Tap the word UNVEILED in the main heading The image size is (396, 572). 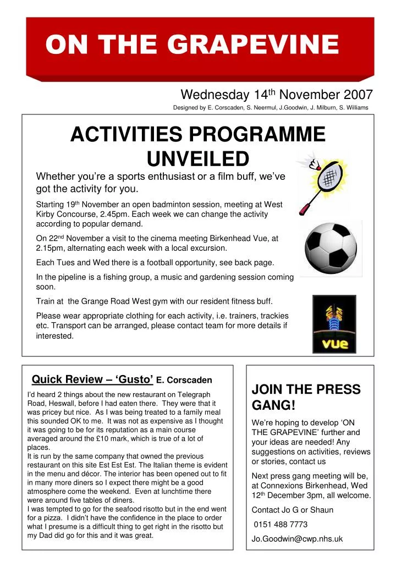coord(198,159)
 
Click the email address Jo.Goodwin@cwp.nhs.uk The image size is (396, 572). coord(297,539)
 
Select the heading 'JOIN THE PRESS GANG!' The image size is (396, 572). coord(306,397)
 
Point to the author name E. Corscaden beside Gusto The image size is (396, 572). coord(184,380)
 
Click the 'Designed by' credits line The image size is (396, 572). coord(271,108)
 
